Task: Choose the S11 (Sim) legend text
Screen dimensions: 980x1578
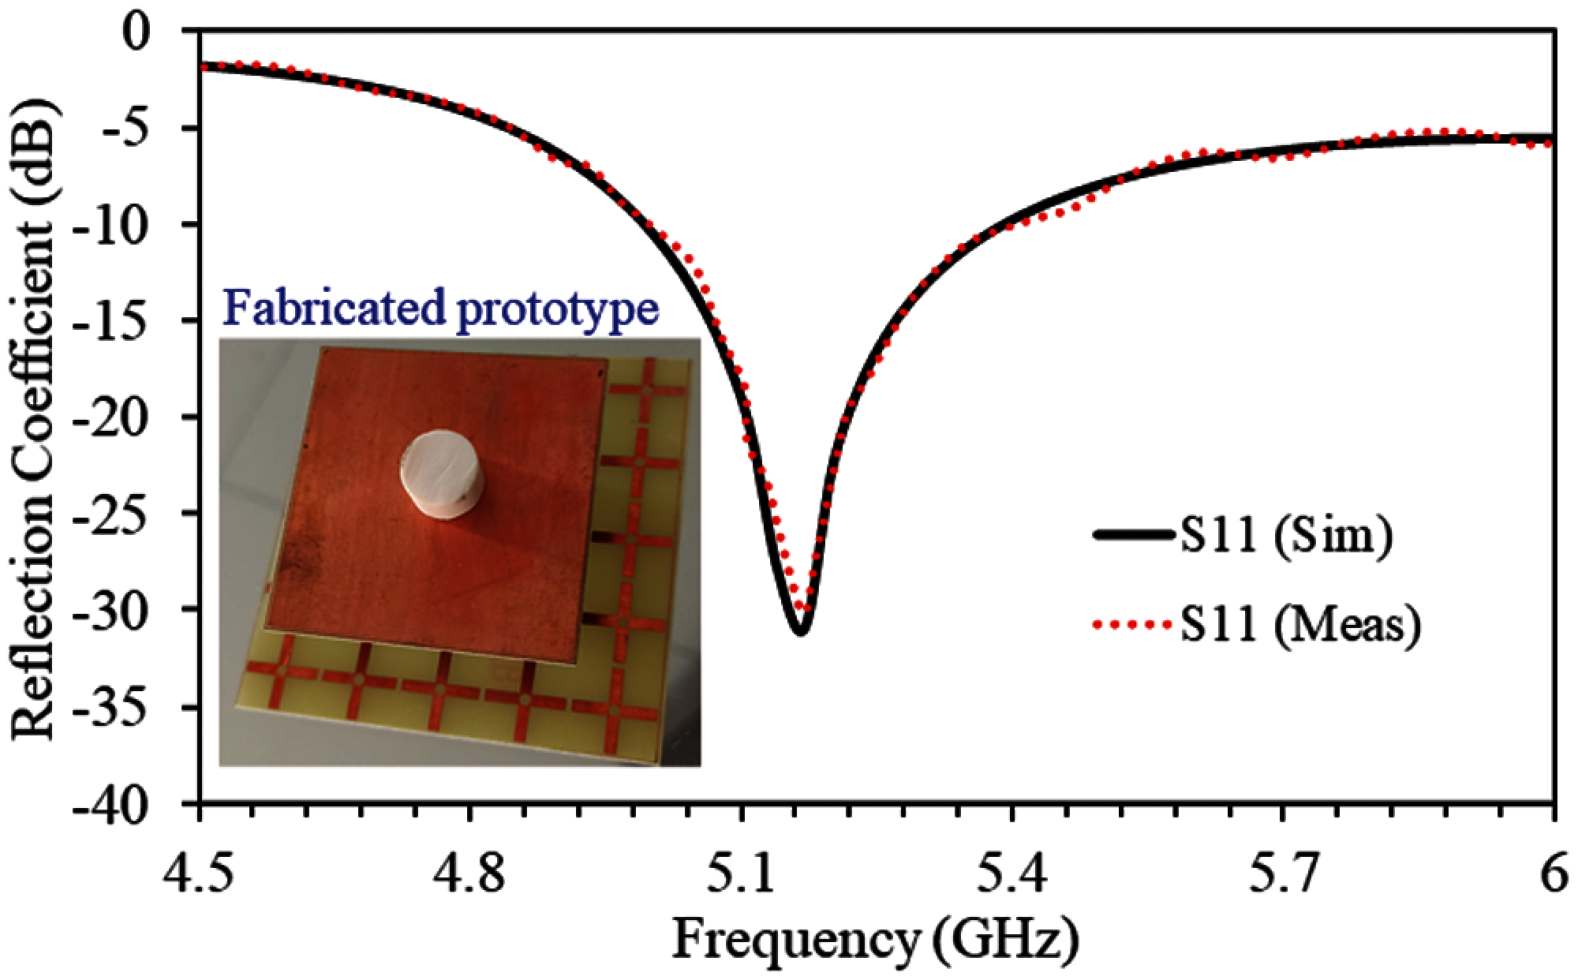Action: tap(1287, 537)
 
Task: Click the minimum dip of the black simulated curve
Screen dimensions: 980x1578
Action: tap(800, 631)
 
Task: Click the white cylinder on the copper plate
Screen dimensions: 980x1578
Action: tap(439, 473)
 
